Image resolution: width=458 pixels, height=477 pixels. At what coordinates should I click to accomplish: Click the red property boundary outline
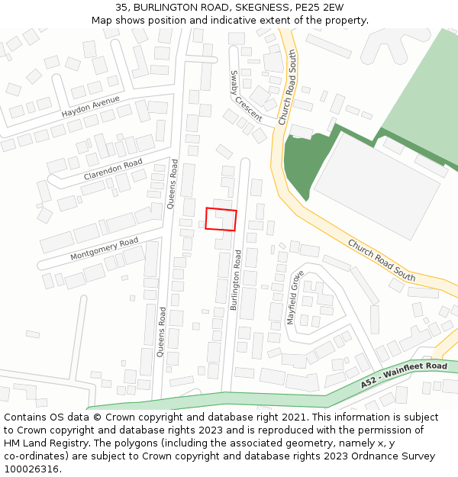pos(221,218)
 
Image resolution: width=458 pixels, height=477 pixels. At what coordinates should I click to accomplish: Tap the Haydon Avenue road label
pos(92,108)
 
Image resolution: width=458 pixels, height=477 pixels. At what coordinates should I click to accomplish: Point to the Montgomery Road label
pos(104,249)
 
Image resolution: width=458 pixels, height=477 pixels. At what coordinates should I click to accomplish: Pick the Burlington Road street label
pos(237,280)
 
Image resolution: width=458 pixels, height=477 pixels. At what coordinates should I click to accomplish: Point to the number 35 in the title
pos(122,8)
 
